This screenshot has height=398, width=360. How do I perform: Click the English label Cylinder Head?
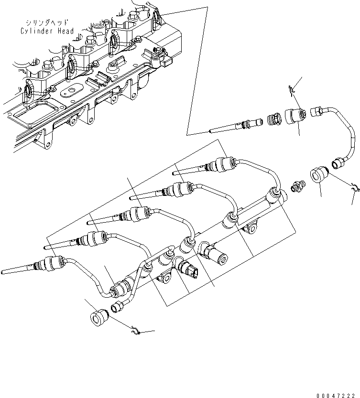(x=47, y=31)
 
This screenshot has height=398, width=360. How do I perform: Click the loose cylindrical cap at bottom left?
(x=99, y=317)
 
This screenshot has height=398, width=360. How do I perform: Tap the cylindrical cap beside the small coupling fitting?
(x=319, y=176)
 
